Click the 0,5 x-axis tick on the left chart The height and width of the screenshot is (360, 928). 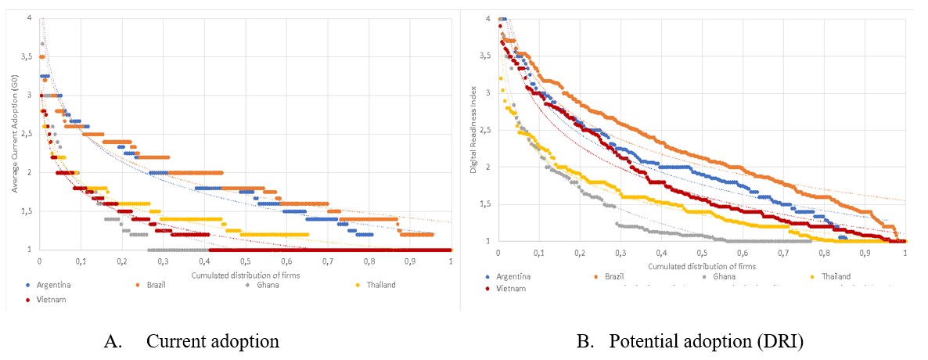pos(246,261)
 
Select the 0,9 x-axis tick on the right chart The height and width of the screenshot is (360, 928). pos(865,253)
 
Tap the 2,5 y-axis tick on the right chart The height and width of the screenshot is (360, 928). pos(487,130)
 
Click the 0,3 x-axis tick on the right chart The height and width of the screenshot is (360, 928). pos(620,253)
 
